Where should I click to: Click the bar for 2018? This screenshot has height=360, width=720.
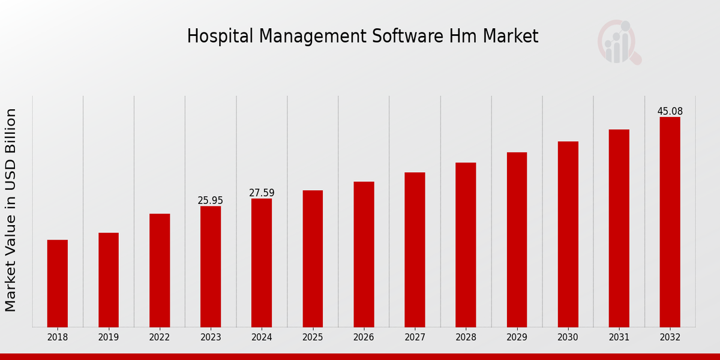[x=58, y=283]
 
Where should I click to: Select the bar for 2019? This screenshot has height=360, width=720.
[x=109, y=280]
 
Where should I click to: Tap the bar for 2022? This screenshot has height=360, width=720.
[x=160, y=270]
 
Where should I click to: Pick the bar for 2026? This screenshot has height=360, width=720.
[x=364, y=254]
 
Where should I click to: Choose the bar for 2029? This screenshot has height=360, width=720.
[x=517, y=239]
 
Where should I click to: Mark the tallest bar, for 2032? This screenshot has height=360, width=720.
[x=670, y=222]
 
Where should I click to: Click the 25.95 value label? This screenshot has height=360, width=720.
[x=211, y=200]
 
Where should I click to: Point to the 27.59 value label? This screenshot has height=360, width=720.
[x=262, y=193]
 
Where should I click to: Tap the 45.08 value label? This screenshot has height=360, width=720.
[x=670, y=111]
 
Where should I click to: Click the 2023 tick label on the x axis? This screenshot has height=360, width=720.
[x=211, y=337]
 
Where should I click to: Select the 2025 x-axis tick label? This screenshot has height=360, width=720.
[x=313, y=337]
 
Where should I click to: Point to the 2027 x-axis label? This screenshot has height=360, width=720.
[x=415, y=337]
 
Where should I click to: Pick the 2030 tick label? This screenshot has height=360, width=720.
[x=568, y=337]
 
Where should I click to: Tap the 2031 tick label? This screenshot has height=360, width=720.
[x=619, y=337]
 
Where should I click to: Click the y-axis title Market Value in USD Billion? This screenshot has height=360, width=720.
[x=11, y=210]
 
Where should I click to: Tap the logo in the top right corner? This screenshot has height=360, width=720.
[x=619, y=42]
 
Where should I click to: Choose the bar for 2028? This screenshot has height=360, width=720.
[x=466, y=245]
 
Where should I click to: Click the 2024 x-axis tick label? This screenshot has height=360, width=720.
[x=262, y=337]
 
